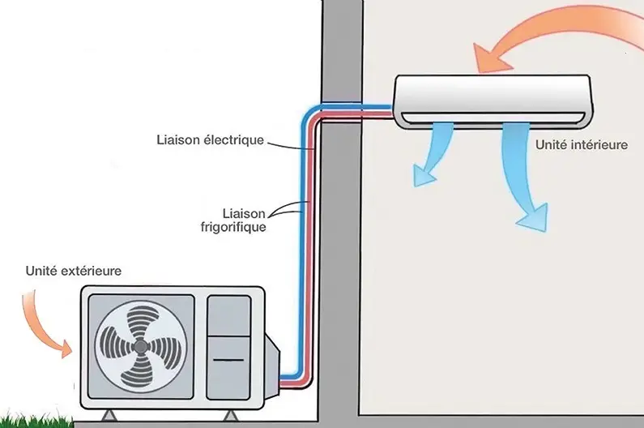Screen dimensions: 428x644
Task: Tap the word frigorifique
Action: point(232,227)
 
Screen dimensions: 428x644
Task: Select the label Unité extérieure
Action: point(73,270)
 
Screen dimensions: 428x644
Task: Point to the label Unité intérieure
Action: point(582,144)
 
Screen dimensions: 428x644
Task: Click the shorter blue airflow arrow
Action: point(427,154)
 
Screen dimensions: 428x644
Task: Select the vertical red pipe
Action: point(313,243)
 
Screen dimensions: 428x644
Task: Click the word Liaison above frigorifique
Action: point(242,213)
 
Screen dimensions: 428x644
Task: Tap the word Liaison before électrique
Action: point(180,140)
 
